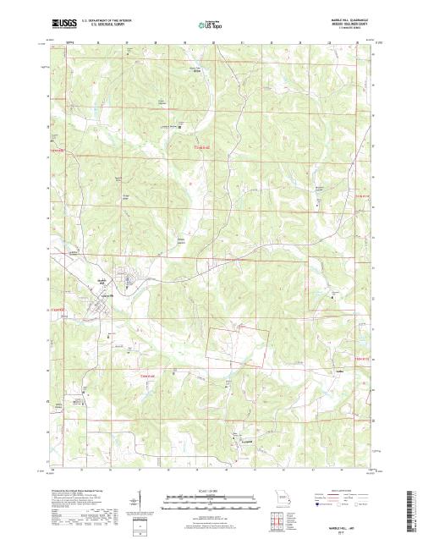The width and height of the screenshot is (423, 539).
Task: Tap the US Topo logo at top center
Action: (x=211, y=26)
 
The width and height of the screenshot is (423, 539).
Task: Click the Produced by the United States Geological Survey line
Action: (x=80, y=490)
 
